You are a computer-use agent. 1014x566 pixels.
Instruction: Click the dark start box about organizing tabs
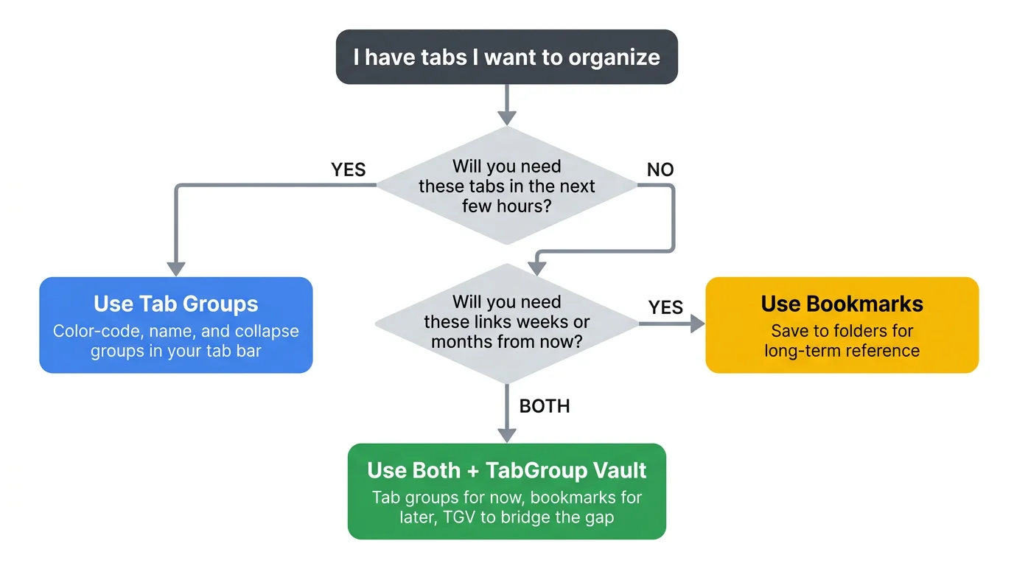506,57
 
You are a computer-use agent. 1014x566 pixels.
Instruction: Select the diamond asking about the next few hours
506,186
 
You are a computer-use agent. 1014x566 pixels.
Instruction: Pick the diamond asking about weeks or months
506,322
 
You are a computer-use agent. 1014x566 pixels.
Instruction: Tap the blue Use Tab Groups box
175,325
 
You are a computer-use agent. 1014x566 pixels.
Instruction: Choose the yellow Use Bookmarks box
842,325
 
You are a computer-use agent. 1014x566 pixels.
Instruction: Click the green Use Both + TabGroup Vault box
506,491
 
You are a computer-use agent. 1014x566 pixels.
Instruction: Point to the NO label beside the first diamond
660,170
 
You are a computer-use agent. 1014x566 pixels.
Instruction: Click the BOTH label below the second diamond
545,406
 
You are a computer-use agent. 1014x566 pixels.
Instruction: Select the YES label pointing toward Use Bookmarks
665,307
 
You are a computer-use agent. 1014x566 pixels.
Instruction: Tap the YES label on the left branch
349,170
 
